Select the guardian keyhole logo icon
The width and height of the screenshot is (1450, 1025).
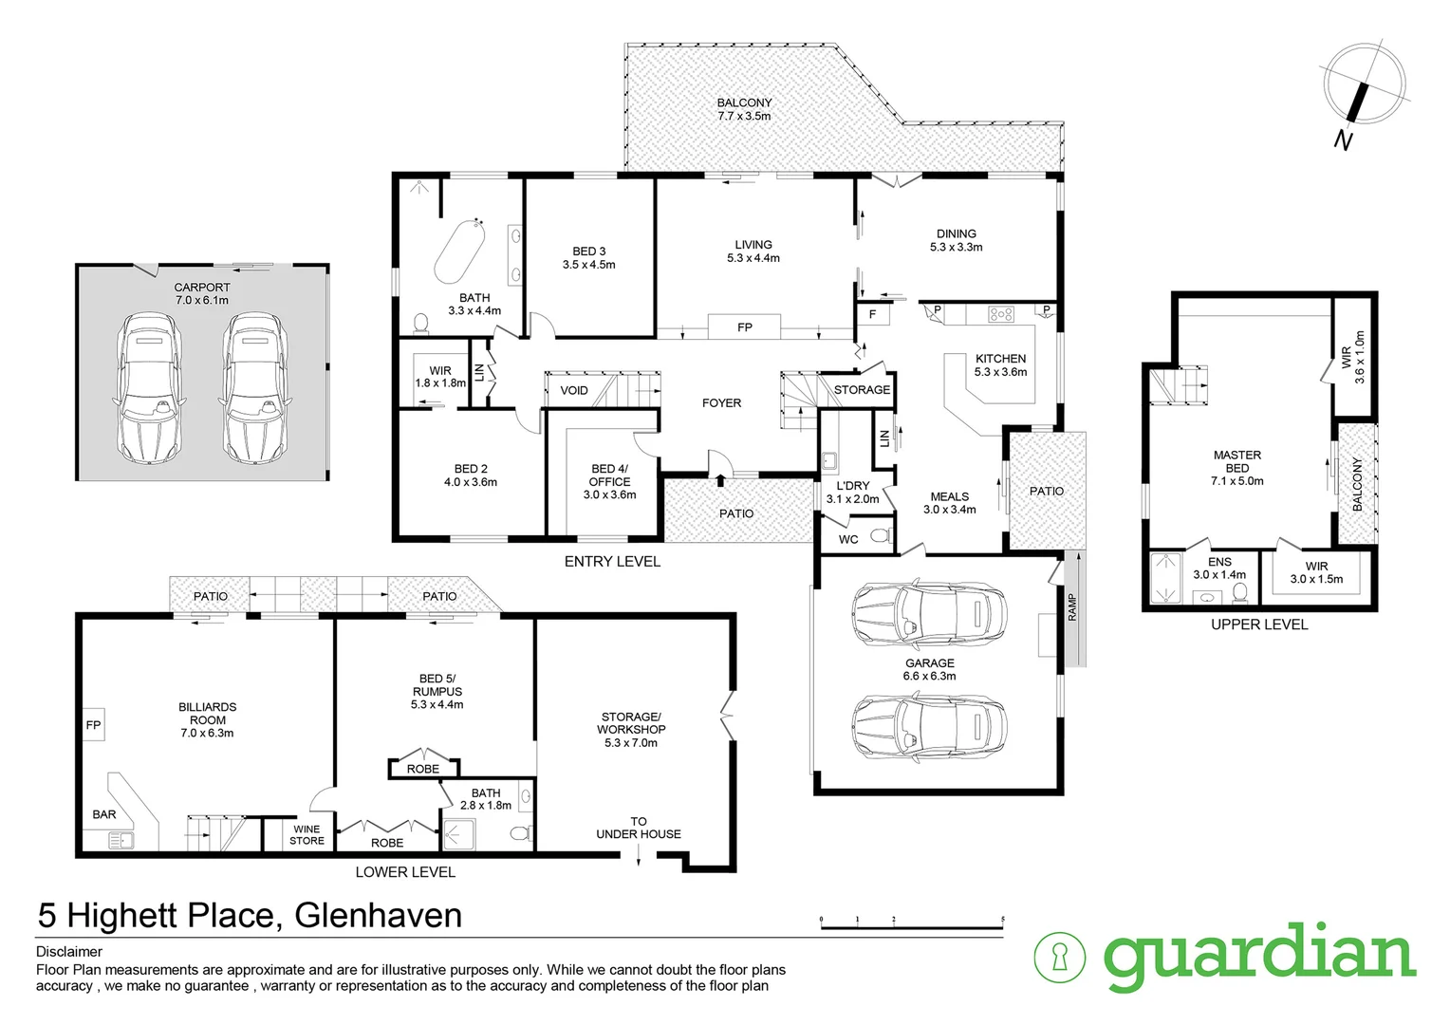click(x=1059, y=956)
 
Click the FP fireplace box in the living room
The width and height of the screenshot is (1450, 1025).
click(x=745, y=327)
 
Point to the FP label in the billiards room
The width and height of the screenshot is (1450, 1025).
click(x=94, y=726)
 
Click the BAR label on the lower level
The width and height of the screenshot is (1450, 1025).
click(x=104, y=814)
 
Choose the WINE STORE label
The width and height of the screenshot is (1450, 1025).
click(x=307, y=835)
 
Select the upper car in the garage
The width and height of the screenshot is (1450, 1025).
click(x=928, y=612)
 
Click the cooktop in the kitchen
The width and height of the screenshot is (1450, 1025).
click(x=1001, y=313)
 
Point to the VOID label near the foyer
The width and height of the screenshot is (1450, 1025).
click(x=574, y=390)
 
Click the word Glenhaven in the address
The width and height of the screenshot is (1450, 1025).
click(x=379, y=916)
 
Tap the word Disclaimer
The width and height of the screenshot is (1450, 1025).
click(x=69, y=952)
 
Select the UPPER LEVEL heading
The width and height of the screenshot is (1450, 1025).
click(x=1258, y=624)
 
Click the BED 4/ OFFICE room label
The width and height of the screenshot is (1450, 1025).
click(x=609, y=475)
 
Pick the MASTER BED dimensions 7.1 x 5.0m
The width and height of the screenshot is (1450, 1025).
click(x=1237, y=481)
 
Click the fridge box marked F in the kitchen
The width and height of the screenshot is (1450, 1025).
click(x=872, y=314)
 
